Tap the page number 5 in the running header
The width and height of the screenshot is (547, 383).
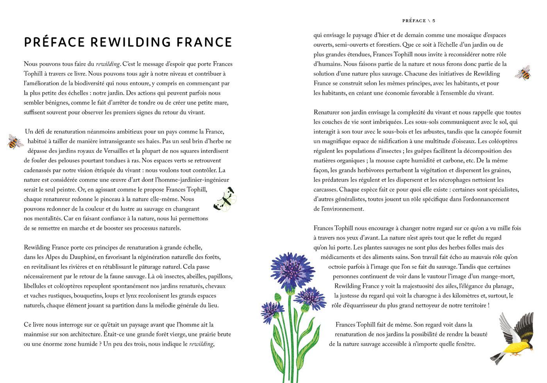point(434,21)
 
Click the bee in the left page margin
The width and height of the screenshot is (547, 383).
point(15,141)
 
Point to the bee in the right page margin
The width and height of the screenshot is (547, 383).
point(523,73)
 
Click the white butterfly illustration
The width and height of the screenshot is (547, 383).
point(225,200)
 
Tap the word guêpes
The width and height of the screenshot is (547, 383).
point(427,151)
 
